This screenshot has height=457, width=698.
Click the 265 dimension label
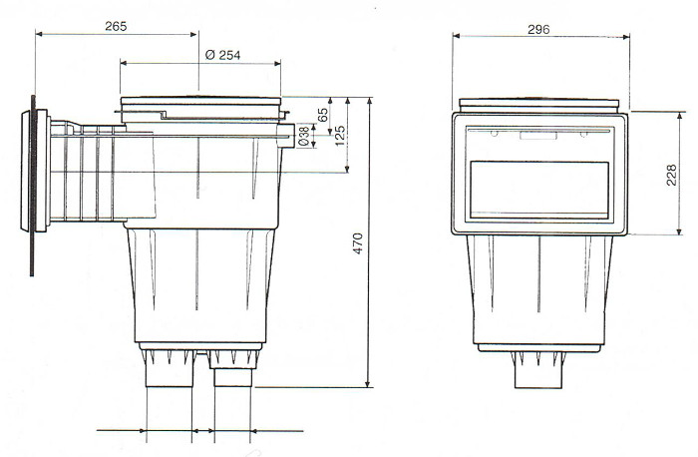(x=115, y=26)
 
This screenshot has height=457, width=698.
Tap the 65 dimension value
(x=323, y=115)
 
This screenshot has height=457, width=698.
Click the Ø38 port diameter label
(x=304, y=137)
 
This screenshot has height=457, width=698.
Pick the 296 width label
(x=540, y=29)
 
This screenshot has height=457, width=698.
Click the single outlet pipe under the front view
(x=540, y=376)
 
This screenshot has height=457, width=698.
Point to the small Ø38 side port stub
(x=288, y=130)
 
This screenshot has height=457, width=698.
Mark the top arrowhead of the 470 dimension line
(x=369, y=100)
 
